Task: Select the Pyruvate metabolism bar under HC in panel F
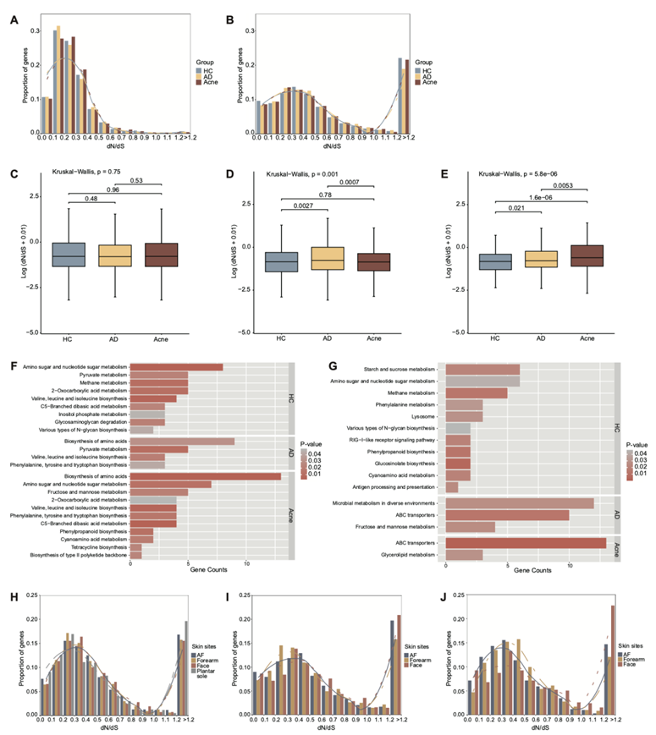pos(159,374)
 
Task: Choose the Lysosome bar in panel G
pos(464,417)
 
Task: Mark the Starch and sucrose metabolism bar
pos(482,370)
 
